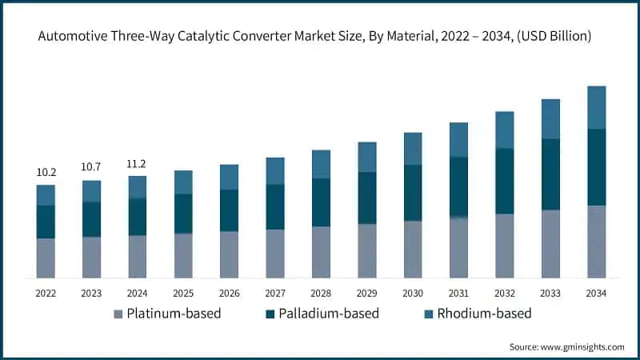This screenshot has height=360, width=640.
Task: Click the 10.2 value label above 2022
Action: coord(46,172)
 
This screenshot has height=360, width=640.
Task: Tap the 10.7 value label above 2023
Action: coord(91,167)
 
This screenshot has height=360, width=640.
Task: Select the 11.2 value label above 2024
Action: coord(138,164)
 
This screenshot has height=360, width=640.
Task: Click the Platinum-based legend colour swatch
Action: coord(118,314)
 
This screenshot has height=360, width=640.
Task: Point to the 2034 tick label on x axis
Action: coord(596,294)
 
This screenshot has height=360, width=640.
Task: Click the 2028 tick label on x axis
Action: coord(321,294)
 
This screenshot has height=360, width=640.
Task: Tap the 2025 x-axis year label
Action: coord(183,294)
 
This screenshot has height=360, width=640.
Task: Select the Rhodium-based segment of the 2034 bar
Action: coord(596,107)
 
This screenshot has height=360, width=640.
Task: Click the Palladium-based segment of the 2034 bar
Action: coord(596,167)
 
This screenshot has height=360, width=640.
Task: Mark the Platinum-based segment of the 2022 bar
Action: coord(46,258)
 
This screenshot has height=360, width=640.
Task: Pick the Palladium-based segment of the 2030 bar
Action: coord(413,193)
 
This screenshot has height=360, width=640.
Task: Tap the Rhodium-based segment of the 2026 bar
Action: coord(229,177)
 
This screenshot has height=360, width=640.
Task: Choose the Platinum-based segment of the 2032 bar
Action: coord(504,246)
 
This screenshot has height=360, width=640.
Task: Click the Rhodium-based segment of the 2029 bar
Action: coord(367,157)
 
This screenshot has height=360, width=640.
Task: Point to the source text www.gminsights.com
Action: coord(566,346)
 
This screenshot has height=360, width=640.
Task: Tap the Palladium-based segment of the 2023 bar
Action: coord(91,219)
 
